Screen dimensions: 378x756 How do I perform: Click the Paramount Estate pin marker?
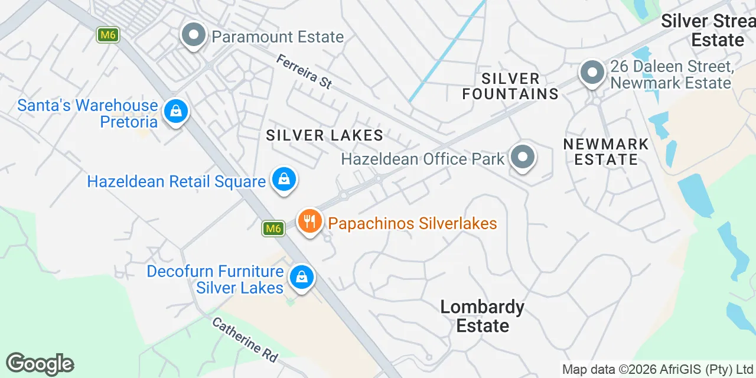coord(193,36)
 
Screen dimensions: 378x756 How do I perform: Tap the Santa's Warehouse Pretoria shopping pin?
coord(175,111)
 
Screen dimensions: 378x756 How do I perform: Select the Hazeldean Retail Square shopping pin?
coord(284,179)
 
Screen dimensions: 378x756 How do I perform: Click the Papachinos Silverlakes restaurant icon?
coord(309,222)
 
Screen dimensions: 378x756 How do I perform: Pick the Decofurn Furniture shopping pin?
coord(301,277)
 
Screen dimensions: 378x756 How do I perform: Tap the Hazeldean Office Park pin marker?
coord(522,158)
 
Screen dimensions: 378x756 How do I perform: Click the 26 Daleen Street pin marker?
coord(592,73)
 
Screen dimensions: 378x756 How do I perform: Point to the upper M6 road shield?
coord(107,35)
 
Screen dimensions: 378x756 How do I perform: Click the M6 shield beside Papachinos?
coord(272,228)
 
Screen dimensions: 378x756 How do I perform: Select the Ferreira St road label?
coord(304,71)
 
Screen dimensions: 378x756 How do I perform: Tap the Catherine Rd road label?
coord(245,340)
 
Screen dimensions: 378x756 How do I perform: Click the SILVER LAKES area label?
coord(325,135)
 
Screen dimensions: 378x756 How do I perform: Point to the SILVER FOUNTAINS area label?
coord(510,86)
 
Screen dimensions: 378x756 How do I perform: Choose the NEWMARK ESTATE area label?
coord(606,152)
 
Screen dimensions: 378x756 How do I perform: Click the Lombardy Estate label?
coord(483,316)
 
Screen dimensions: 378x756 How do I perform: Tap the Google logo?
coord(40,364)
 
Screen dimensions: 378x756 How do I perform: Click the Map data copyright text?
coord(657,370)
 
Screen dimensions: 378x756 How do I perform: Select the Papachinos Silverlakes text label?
coord(412,223)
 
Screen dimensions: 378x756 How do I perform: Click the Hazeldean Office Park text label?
coord(423,158)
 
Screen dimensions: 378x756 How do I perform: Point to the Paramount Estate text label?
coord(278,37)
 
